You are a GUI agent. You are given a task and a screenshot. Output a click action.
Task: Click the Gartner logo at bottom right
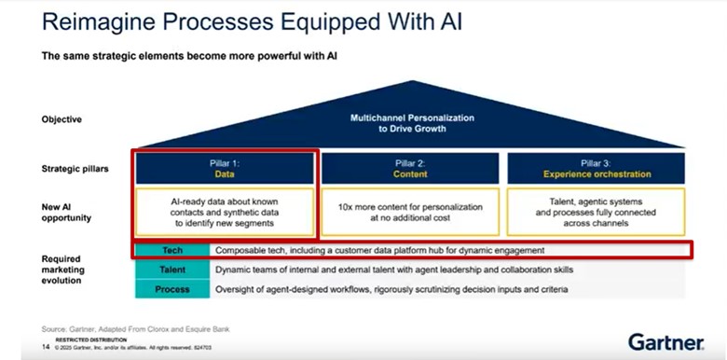[665, 340]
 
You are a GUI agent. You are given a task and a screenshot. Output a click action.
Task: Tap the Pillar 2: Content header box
[411, 168]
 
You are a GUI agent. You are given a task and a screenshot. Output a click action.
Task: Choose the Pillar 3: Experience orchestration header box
[597, 168]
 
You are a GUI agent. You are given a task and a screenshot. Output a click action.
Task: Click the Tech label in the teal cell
[172, 251]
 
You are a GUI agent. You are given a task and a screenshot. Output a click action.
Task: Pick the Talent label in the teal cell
[172, 270]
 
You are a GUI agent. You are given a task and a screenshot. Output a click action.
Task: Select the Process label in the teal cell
[172, 289]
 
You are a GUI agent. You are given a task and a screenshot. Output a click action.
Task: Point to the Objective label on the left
[62, 119]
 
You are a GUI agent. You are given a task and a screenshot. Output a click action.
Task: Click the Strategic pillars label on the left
[75, 169]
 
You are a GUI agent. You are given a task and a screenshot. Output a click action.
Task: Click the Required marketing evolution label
[64, 270]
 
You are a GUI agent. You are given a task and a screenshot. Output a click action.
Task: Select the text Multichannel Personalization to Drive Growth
[411, 123]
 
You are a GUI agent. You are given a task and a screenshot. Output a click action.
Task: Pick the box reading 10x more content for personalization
[411, 211]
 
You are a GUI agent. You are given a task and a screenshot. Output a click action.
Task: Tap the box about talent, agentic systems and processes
[597, 211]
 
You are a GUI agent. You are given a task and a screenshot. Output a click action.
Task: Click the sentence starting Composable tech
[379, 251]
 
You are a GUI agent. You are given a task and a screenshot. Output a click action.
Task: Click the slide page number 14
[45, 347]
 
